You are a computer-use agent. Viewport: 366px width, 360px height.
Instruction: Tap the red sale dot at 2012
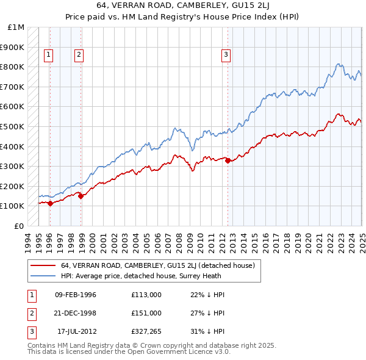(228, 161)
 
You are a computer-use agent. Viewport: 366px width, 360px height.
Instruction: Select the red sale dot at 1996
(50, 204)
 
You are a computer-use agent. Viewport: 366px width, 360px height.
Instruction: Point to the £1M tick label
(16, 27)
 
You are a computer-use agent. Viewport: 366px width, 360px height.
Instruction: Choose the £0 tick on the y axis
(20, 226)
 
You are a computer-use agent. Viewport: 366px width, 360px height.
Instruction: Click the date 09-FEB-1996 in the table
(76, 294)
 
